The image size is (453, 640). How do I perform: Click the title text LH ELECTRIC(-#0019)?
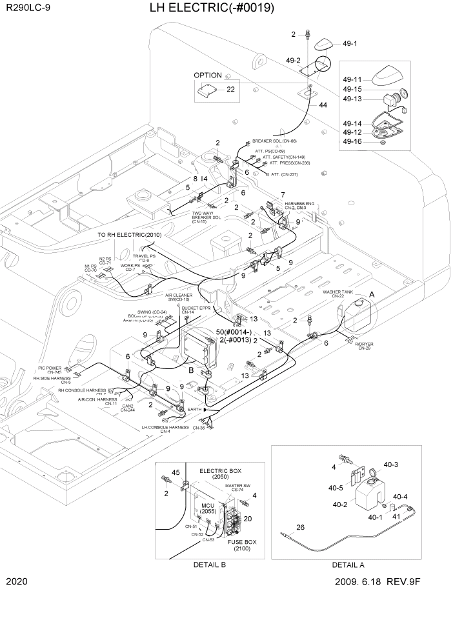tap(212, 8)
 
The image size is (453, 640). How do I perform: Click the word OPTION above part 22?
tap(208, 75)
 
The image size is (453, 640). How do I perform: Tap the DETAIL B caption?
tap(210, 565)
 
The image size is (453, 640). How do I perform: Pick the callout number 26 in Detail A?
tap(300, 528)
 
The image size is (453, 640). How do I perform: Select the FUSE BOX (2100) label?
tap(242, 545)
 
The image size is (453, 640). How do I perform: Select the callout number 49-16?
tap(352, 141)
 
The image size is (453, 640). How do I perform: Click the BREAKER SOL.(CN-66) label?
tap(274, 141)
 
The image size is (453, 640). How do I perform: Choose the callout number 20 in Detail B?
tap(248, 519)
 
